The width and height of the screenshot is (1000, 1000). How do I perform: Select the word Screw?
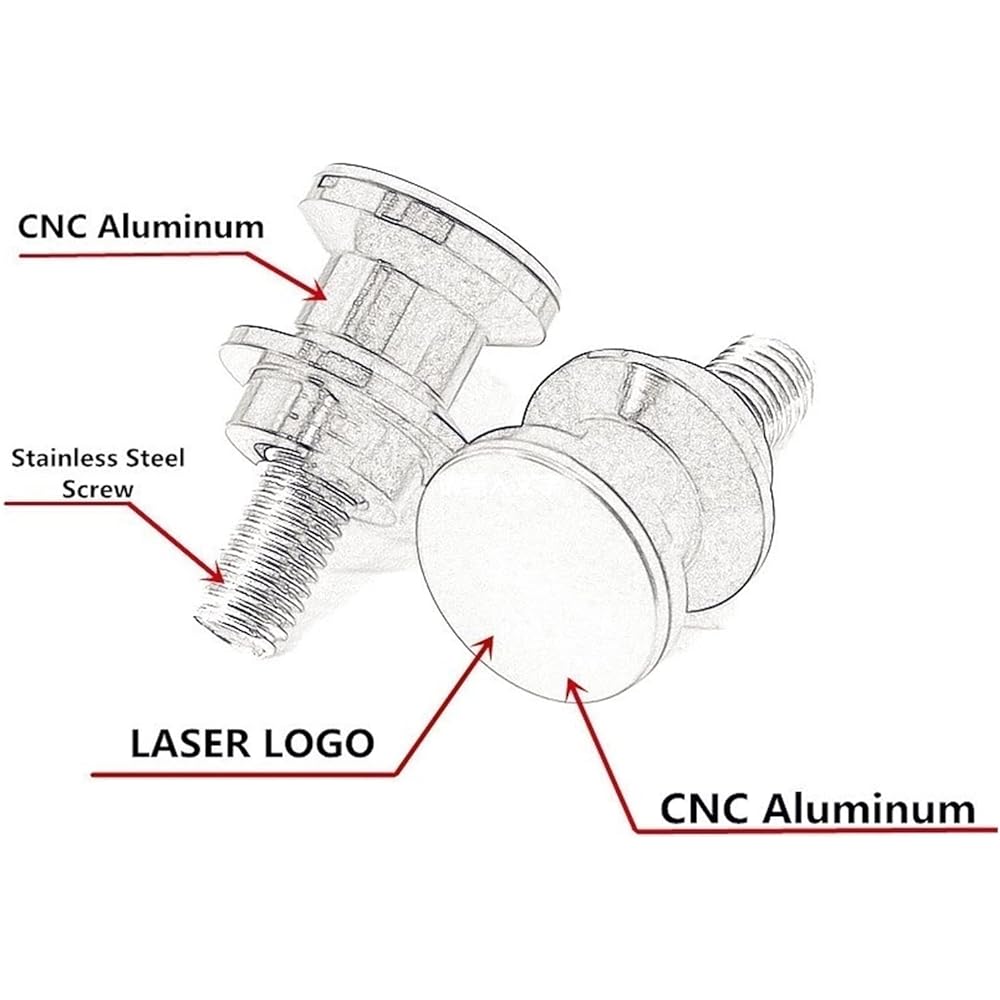tap(98, 489)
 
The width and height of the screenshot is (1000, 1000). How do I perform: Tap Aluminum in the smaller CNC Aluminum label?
tap(181, 226)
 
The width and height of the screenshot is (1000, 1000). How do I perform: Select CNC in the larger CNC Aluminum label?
tap(705, 809)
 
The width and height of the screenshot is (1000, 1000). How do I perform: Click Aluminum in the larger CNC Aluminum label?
tap(869, 809)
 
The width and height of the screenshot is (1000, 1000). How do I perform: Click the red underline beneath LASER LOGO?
tap(244, 775)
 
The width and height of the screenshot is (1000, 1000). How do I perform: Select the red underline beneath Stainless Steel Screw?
tap(68, 503)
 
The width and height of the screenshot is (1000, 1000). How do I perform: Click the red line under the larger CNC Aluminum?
tap(816, 830)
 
